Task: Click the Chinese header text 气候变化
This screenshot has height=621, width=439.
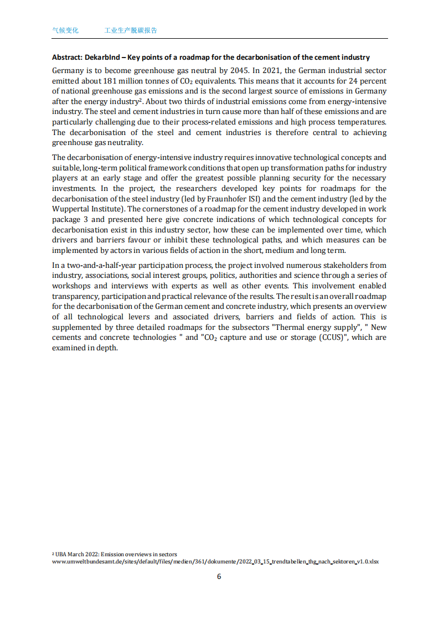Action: coord(65,30)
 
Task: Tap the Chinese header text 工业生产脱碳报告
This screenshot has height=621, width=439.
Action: coord(131,30)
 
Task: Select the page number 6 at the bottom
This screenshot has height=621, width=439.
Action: coord(219,576)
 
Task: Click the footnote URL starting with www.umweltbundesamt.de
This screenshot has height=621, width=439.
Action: coord(215,561)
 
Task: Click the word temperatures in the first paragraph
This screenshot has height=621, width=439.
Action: coord(363,122)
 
